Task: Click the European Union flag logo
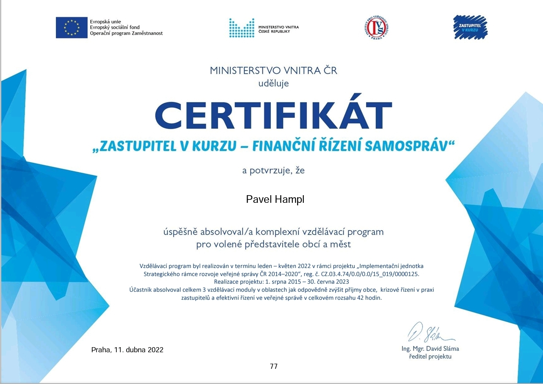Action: click(x=72, y=28)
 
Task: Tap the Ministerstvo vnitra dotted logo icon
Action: click(x=242, y=28)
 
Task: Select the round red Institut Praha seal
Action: click(x=377, y=28)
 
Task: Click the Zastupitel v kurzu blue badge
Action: click(x=470, y=27)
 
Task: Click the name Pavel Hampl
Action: click(x=275, y=199)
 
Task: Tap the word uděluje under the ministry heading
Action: click(x=273, y=83)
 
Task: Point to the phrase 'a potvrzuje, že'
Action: click(x=273, y=171)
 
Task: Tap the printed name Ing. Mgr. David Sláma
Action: click(x=430, y=349)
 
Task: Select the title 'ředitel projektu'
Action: click(x=430, y=356)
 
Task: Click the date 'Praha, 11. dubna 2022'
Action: click(x=127, y=350)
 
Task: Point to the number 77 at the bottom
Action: click(x=273, y=366)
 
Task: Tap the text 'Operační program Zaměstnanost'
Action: click(x=126, y=33)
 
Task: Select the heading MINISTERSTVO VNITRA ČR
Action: click(x=273, y=70)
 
